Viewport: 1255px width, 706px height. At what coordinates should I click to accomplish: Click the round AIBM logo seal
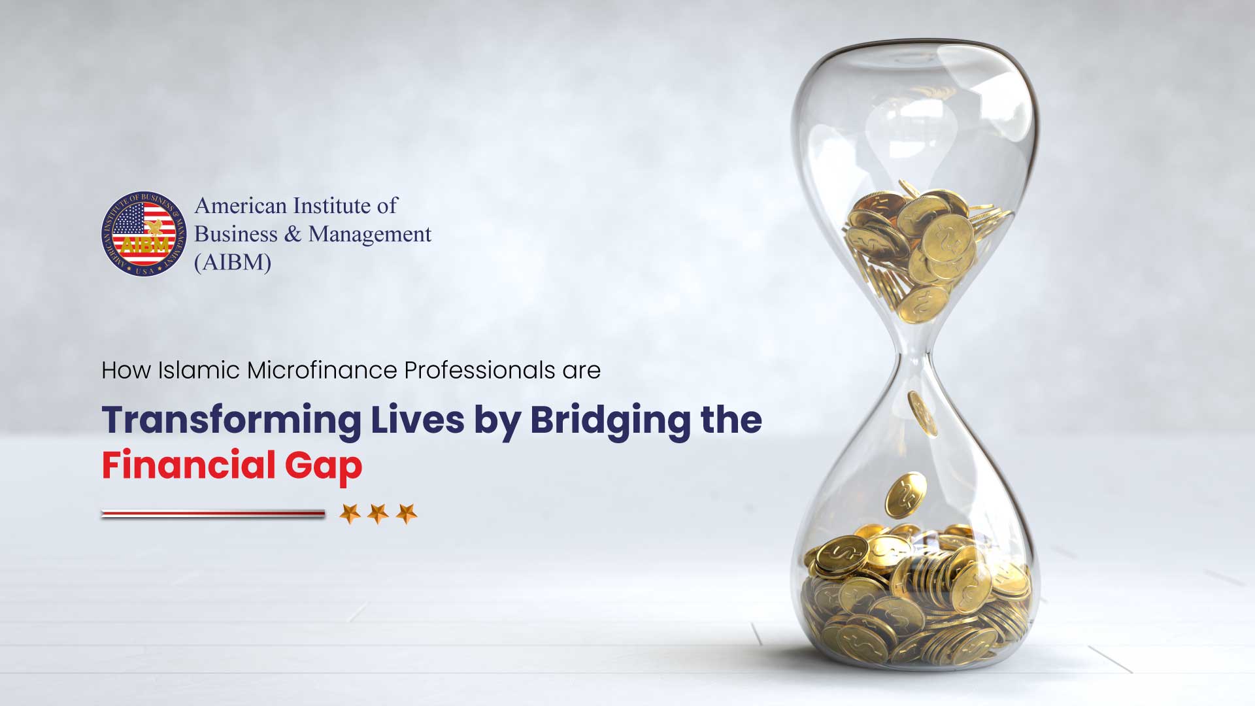click(144, 234)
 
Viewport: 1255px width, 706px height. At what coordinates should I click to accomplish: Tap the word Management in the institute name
click(370, 235)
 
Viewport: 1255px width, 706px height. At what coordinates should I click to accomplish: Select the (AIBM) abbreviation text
click(233, 263)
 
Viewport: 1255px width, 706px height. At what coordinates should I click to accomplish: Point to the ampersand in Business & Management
click(293, 234)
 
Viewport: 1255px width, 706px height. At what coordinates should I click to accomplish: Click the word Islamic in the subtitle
click(199, 370)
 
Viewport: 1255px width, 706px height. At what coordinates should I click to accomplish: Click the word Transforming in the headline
click(231, 420)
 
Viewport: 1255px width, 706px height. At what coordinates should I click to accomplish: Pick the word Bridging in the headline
click(610, 421)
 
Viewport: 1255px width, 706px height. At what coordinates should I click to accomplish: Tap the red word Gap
click(323, 467)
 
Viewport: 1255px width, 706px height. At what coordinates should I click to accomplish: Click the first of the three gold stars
click(350, 514)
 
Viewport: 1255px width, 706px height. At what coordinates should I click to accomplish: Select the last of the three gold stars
click(407, 514)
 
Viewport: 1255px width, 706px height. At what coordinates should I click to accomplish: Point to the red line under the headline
click(213, 514)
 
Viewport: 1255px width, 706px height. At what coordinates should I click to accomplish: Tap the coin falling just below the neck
click(922, 412)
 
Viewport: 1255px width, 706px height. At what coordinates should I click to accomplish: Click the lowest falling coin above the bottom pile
click(905, 495)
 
